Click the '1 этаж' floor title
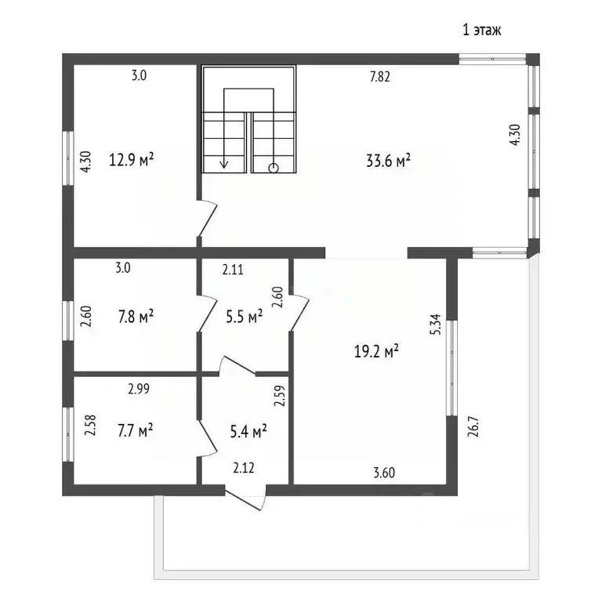pos(482,30)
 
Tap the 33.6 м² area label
pos(389,161)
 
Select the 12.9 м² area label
pos(132,159)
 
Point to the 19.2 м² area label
pos(376,351)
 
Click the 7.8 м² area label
pos(136,317)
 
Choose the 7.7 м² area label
pos(136,430)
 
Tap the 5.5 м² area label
pos(245,317)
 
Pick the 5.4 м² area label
pos(248,432)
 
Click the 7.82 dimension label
pos(379,77)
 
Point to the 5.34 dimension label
pos(437,325)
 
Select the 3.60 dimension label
pos(384,473)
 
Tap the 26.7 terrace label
pos(473,427)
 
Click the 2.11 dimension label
pos(233,270)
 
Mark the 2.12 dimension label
pos(244,468)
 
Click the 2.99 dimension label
pos(139,390)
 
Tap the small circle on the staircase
pos(274,168)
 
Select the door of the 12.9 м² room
pos(208,218)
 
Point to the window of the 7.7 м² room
pos(68,434)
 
